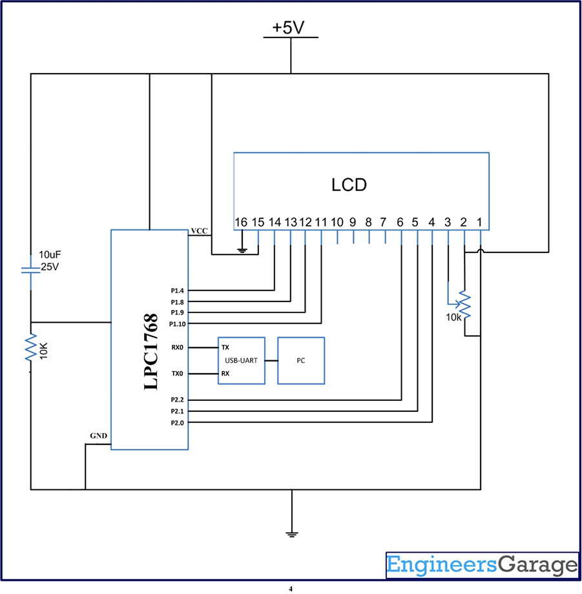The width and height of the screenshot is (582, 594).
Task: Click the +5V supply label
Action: coord(288,28)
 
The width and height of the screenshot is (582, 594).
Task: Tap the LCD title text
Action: coord(349,185)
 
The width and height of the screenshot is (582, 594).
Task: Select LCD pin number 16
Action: coord(241,222)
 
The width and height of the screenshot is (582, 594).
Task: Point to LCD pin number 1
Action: coord(479,222)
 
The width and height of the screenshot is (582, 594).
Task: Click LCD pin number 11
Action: coord(321,222)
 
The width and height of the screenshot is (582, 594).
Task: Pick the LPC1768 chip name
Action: coord(151,351)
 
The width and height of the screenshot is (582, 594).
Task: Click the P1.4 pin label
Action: coord(177,291)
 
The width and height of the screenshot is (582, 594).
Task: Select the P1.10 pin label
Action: coord(178,324)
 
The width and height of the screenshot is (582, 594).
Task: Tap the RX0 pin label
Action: coord(178,347)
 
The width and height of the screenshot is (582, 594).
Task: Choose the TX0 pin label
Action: coord(178,374)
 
